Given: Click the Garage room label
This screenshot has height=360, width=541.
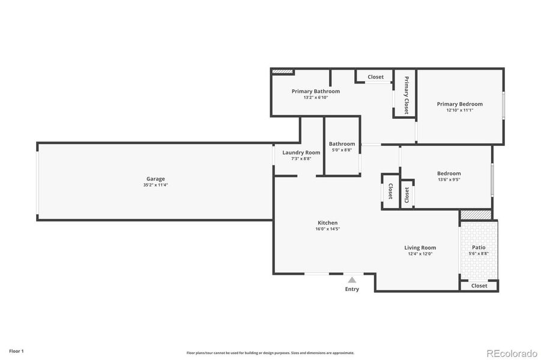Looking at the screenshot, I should point(156,179).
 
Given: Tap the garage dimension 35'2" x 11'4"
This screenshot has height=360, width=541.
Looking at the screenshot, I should point(156,185).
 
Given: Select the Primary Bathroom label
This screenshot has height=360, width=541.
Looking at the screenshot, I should point(316,91).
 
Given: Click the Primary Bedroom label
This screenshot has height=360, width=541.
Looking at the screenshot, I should point(459,104).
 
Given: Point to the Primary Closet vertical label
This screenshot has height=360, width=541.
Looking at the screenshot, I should point(407,95).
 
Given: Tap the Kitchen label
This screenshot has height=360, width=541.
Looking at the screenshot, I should point(327,223).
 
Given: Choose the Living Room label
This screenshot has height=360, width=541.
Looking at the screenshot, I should point(420,247).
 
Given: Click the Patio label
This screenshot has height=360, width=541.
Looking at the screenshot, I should point(479,247).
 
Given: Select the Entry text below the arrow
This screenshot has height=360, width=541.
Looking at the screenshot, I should point(352,289).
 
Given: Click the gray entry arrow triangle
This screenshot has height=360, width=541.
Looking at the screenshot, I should point(352,280).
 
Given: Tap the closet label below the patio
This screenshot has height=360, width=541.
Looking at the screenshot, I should point(479,286).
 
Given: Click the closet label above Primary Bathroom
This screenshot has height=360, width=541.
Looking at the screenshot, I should point(375,77).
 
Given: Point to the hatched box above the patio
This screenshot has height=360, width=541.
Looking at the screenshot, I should point(476,215).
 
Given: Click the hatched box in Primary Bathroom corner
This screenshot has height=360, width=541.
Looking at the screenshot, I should point(282,71).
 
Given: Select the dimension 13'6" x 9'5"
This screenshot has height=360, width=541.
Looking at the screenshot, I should point(449,180).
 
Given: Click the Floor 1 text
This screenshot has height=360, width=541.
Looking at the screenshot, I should point(16,351).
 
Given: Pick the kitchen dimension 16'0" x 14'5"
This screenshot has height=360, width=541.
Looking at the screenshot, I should point(327,229).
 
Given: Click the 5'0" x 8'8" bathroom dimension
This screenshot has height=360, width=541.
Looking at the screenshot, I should point(342,150).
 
